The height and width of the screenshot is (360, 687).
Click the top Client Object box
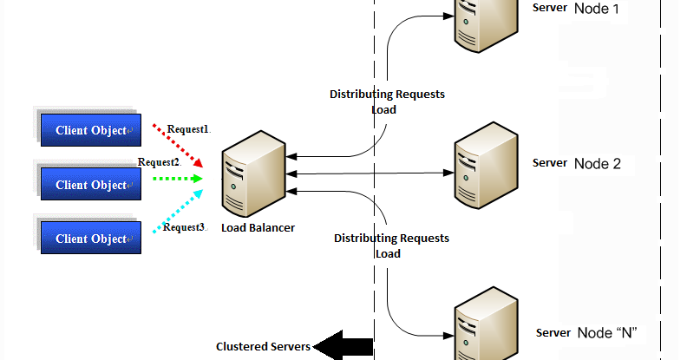tap(90, 130)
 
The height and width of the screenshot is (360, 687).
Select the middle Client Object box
tap(90, 184)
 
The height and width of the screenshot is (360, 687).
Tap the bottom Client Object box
tap(90, 238)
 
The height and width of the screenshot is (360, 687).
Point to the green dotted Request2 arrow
tap(177, 180)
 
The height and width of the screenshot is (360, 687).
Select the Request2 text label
tap(159, 162)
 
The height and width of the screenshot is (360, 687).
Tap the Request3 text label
tap(185, 227)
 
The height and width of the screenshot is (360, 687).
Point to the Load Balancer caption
tap(258, 227)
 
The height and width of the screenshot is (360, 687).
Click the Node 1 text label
tap(598, 9)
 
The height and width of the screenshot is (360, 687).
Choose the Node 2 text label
tap(598, 163)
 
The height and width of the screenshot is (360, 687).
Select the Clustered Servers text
tap(263, 346)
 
